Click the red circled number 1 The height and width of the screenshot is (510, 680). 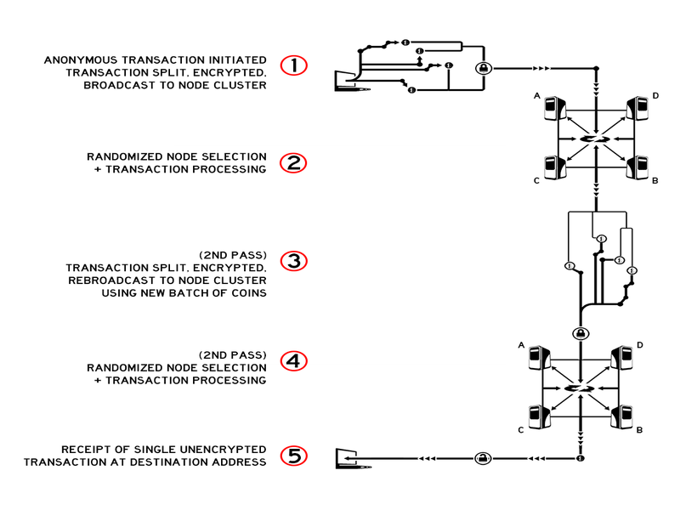294,65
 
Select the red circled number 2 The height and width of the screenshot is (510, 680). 294,163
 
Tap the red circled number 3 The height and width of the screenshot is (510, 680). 294,261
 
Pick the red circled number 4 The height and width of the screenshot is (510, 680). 294,360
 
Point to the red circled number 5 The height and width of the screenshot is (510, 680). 294,456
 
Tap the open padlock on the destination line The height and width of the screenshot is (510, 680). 481,458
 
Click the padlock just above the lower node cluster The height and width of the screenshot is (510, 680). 580,332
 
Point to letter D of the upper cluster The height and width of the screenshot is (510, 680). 655,96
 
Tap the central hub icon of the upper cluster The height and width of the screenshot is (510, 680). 596,139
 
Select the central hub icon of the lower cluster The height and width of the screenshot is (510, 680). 580,388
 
